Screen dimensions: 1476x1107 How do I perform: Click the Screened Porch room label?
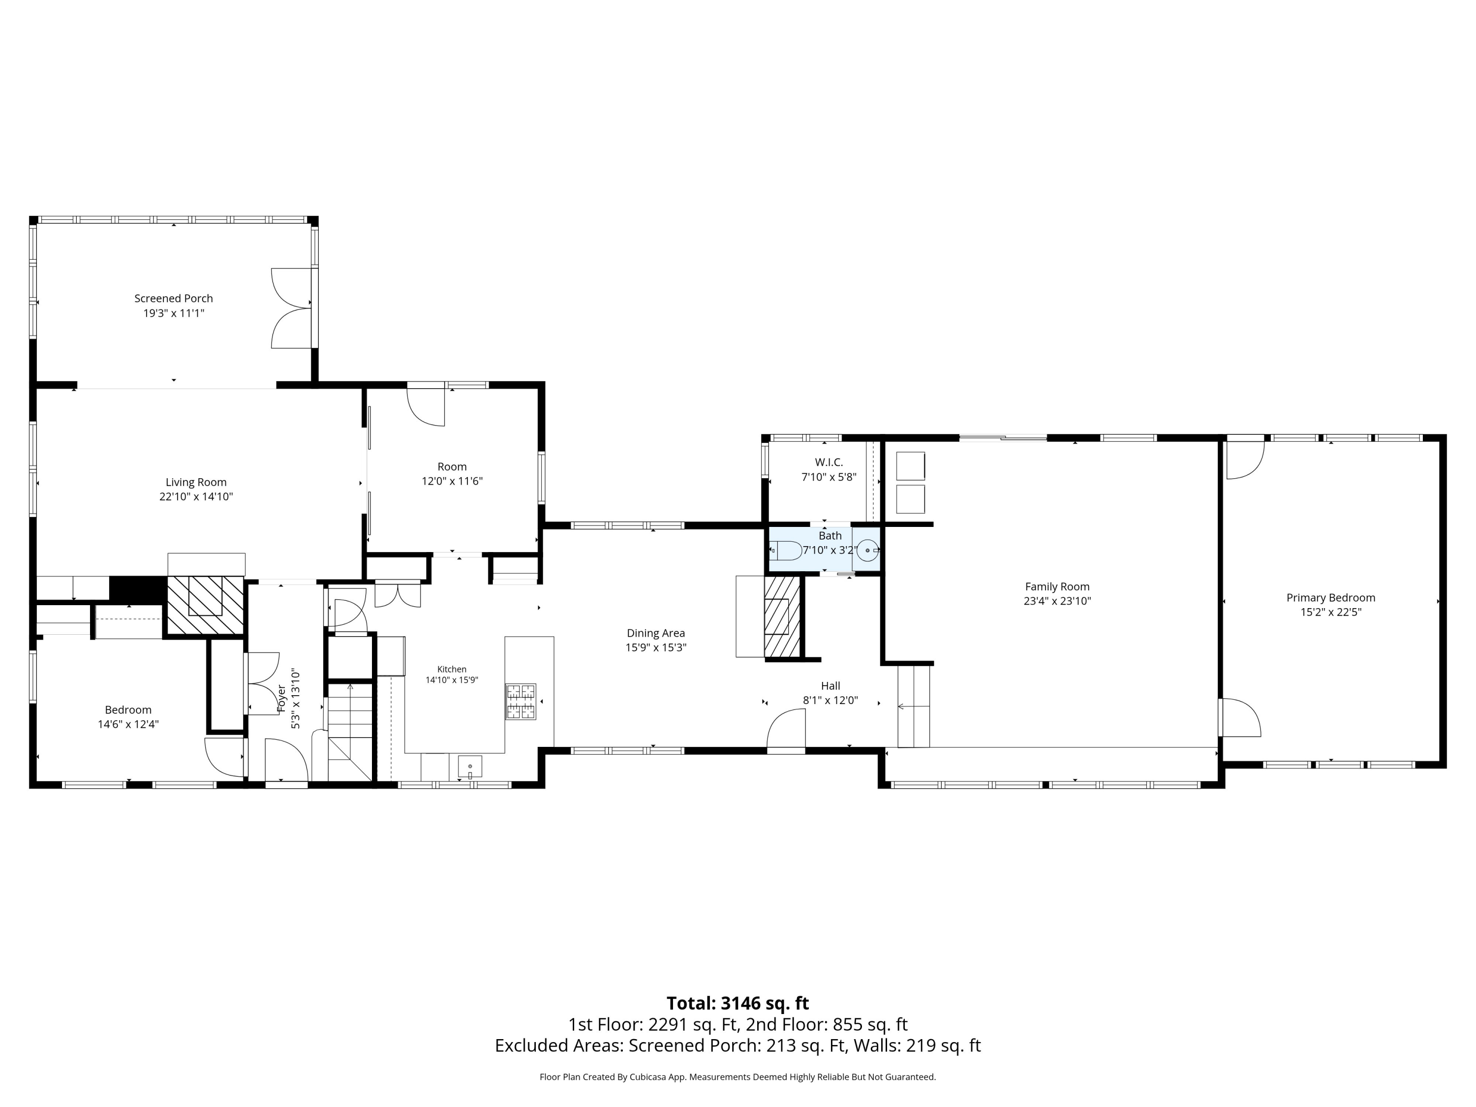[174, 298]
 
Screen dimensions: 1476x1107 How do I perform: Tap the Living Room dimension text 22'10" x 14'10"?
[196, 496]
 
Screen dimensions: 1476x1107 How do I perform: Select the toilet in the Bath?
[787, 551]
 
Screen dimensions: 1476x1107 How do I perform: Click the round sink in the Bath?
[867, 551]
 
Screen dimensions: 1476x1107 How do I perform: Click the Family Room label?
[1057, 586]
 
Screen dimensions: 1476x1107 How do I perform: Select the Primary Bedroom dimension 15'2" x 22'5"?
[1330, 612]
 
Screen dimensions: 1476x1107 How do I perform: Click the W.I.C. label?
[829, 462]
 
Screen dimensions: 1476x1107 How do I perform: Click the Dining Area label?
[656, 633]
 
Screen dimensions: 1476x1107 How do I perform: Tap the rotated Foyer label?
[281, 698]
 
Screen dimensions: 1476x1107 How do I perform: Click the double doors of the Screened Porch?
[292, 308]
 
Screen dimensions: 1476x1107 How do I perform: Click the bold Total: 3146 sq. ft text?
[738, 1004]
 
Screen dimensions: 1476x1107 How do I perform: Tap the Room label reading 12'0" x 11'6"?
[452, 481]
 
